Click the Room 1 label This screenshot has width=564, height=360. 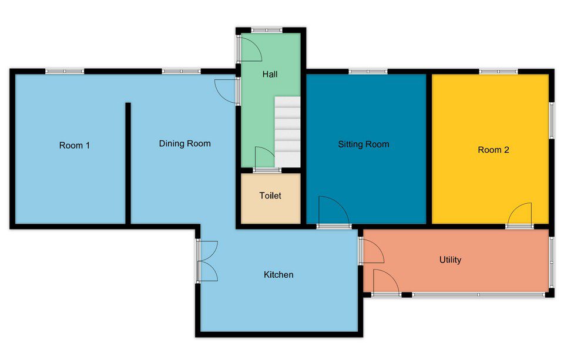[75, 145]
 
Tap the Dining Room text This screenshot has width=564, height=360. [185, 143]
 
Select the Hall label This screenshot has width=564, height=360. [270, 74]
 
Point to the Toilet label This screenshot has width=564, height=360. [270, 196]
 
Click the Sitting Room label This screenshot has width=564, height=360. [364, 144]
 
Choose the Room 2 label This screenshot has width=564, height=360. [493, 150]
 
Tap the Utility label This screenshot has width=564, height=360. [451, 260]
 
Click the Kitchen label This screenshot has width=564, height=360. [278, 274]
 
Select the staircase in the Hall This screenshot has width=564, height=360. [287, 132]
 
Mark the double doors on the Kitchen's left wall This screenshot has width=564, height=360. [207, 261]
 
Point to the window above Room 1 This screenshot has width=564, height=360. [65, 71]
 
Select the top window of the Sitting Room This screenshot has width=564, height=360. [368, 71]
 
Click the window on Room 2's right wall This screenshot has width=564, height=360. [552, 120]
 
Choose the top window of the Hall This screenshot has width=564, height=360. [267, 30]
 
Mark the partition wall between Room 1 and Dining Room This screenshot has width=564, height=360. [127, 163]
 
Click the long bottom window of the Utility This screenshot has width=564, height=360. [478, 295]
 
